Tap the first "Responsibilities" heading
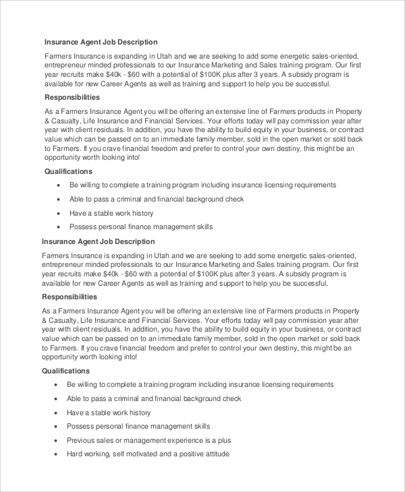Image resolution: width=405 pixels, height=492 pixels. click(x=72, y=97)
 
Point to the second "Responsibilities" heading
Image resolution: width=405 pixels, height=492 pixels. click(x=70, y=297)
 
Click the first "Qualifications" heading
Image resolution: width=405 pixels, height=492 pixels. click(x=68, y=171)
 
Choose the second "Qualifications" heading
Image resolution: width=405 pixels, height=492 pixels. click(x=65, y=371)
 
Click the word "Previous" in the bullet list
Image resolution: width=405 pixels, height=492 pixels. click(x=82, y=440)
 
